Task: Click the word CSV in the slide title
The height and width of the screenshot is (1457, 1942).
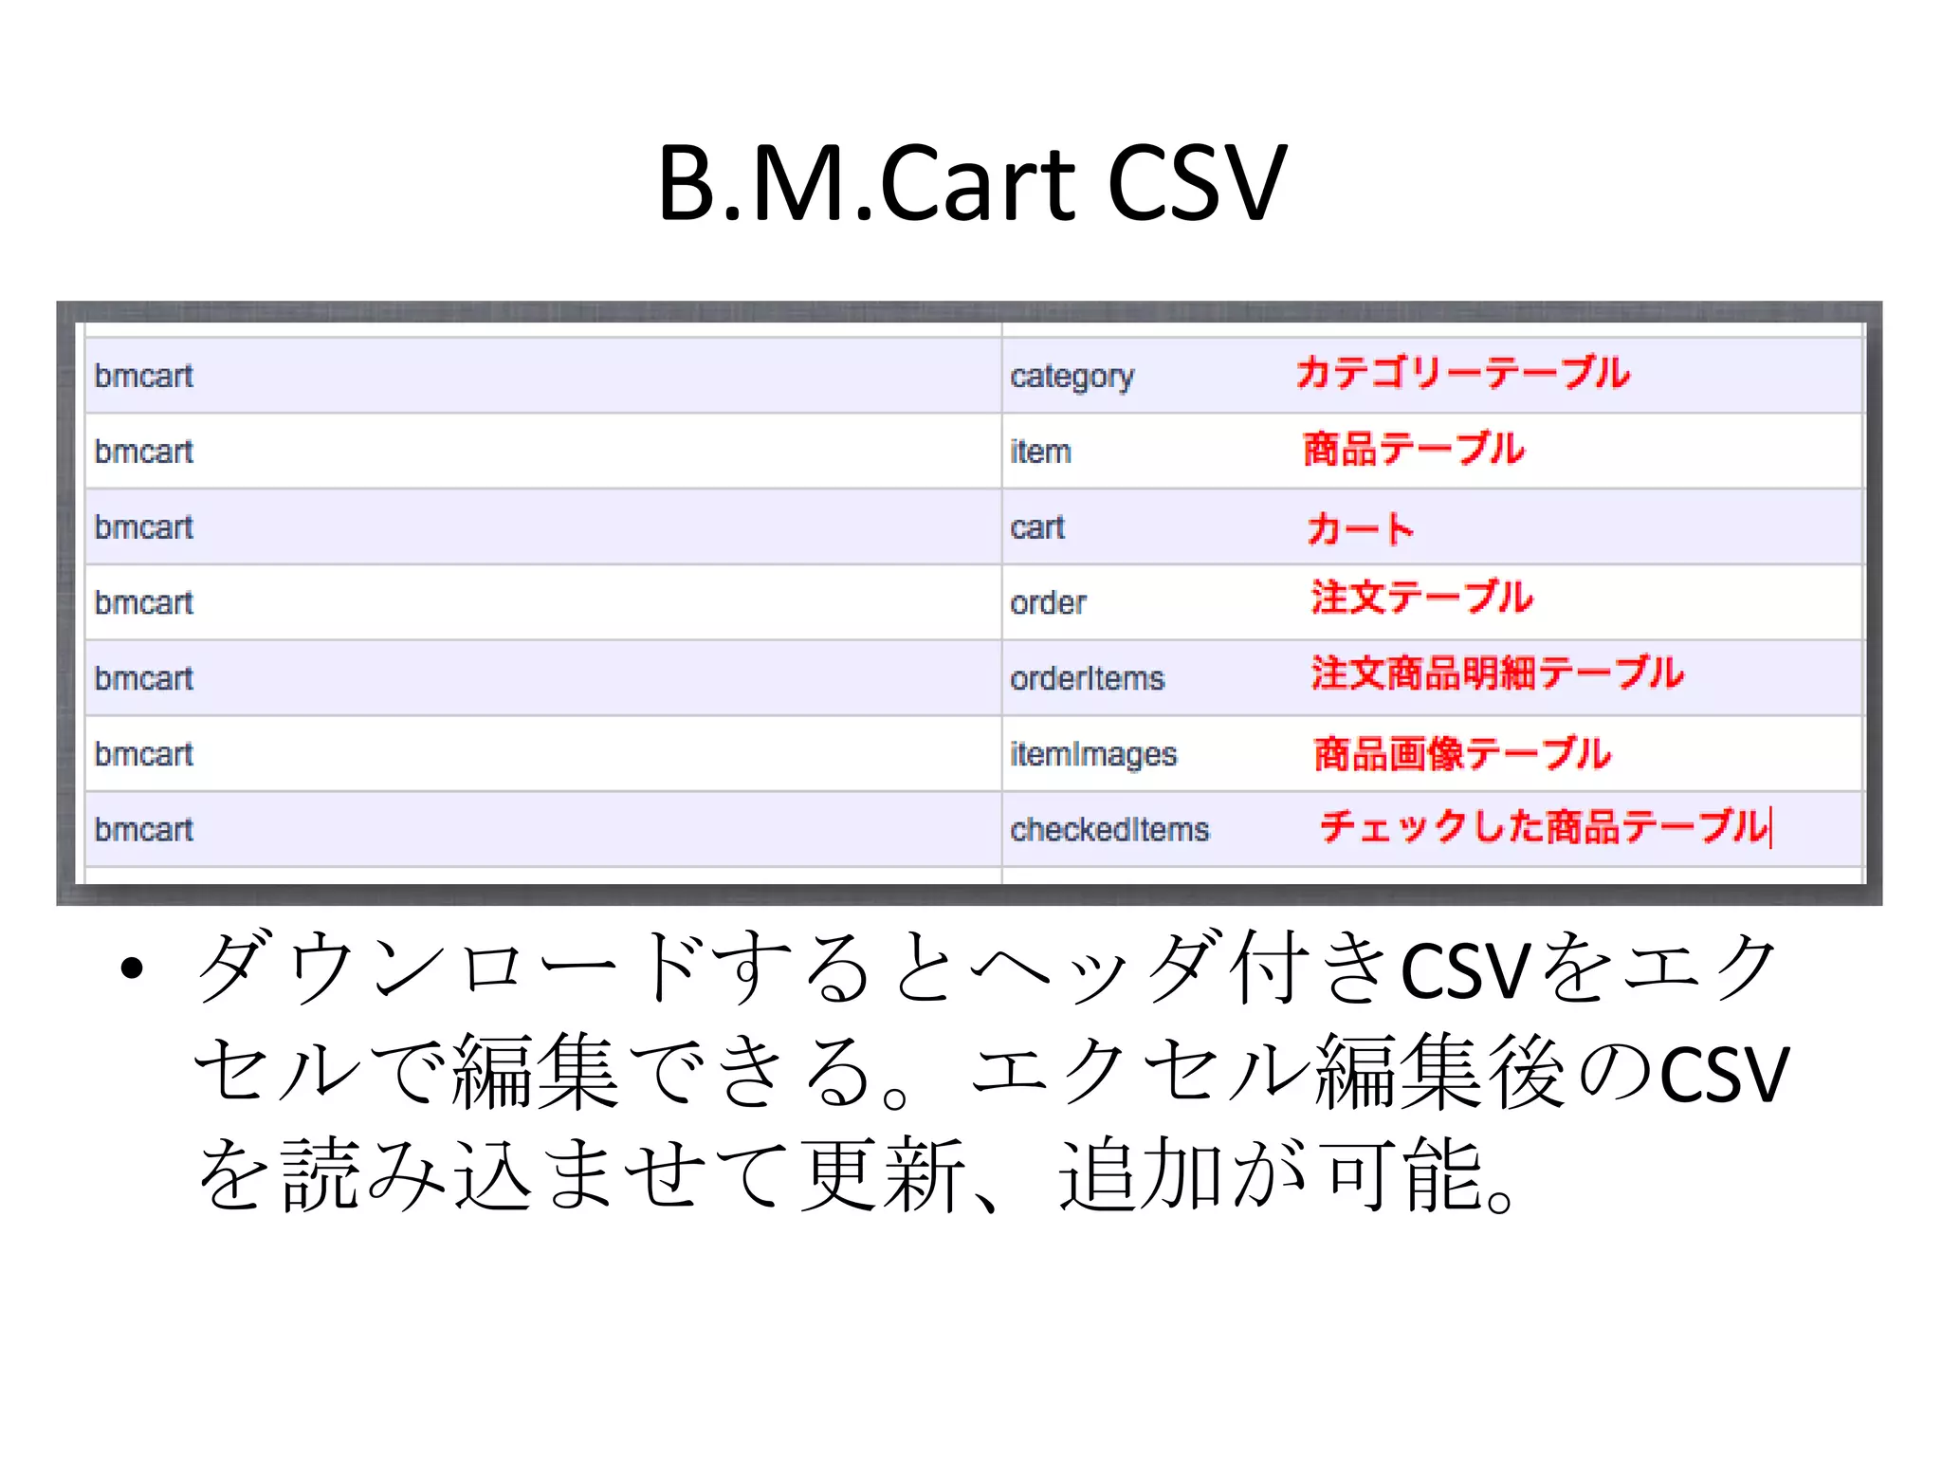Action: tap(1197, 183)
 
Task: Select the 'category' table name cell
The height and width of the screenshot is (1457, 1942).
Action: tap(1072, 377)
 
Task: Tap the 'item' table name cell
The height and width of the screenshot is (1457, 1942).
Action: tap(1040, 452)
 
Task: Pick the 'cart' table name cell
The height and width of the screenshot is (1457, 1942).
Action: tap(1037, 527)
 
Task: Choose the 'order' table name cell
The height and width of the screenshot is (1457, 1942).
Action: tap(1048, 603)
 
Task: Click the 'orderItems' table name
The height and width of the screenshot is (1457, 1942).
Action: tap(1087, 678)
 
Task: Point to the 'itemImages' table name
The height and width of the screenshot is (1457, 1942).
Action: tap(1092, 754)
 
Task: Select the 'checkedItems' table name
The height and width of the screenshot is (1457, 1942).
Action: tap(1109, 830)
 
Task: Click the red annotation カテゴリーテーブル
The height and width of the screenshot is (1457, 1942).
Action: tap(1462, 373)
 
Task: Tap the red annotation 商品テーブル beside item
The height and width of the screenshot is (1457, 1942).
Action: tap(1413, 449)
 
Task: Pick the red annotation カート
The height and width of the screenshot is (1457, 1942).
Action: tap(1360, 527)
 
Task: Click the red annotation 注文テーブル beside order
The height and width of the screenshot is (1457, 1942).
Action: tap(1421, 598)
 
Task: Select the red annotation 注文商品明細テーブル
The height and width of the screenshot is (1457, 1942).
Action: tap(1497, 673)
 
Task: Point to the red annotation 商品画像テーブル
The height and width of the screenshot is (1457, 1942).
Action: tap(1462, 754)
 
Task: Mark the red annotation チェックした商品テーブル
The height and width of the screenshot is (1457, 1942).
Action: tap(1544, 826)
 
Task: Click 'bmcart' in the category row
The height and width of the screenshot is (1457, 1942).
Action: tap(144, 377)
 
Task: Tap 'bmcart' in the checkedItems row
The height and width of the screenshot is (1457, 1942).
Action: tap(144, 830)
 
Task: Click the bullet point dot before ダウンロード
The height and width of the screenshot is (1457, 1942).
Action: tap(132, 968)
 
